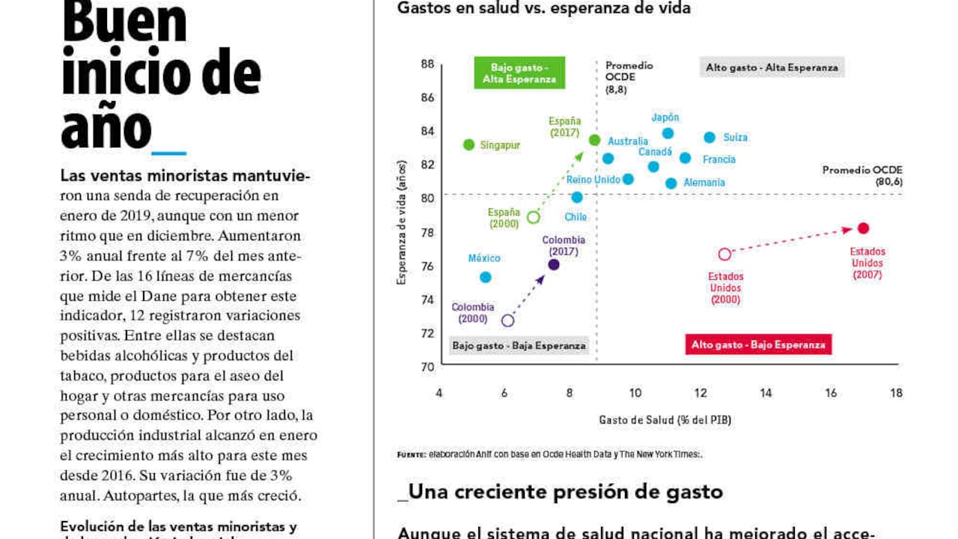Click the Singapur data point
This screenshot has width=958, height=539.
pyautogui.click(x=469, y=144)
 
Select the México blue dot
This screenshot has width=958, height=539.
pyautogui.click(x=485, y=277)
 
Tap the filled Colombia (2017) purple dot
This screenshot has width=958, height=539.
pyautogui.click(x=554, y=264)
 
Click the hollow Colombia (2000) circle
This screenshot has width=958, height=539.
pyautogui.click(x=507, y=320)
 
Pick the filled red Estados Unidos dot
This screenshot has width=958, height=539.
pyautogui.click(x=863, y=228)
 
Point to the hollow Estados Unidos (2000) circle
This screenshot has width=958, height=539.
pyautogui.click(x=724, y=255)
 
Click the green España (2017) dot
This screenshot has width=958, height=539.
pyautogui.click(x=594, y=140)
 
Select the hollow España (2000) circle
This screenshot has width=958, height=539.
pyautogui.click(x=534, y=218)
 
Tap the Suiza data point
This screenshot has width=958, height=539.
pyautogui.click(x=710, y=137)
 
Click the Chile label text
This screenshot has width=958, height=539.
pyautogui.click(x=576, y=217)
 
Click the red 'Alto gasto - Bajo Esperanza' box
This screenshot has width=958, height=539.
pyautogui.click(x=758, y=345)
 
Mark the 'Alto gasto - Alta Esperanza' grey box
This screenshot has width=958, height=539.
pyautogui.click(x=772, y=67)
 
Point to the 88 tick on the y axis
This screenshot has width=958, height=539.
pyautogui.click(x=427, y=64)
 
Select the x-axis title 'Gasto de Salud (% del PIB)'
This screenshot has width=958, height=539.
pyautogui.click(x=665, y=420)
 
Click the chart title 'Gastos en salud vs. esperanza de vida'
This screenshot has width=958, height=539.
pyautogui.click(x=543, y=9)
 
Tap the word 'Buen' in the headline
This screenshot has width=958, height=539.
pyautogui.click(x=124, y=22)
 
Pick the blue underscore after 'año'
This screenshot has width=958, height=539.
pyautogui.click(x=168, y=152)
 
